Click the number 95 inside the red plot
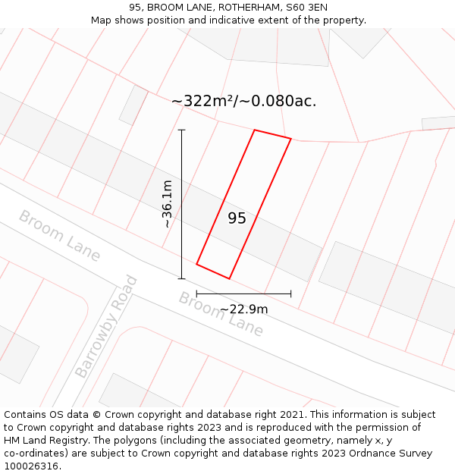(237, 218)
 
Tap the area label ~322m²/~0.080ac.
(243, 101)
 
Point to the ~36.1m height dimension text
(168, 204)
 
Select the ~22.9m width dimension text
(243, 309)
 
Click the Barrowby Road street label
(106, 327)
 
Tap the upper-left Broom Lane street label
(59, 236)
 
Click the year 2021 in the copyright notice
(290, 415)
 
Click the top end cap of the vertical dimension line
(182, 130)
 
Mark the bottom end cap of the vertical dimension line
(182, 278)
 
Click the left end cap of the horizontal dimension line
(196, 294)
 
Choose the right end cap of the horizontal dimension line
(291, 294)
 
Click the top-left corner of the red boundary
(254, 130)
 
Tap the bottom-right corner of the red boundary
(230, 278)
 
